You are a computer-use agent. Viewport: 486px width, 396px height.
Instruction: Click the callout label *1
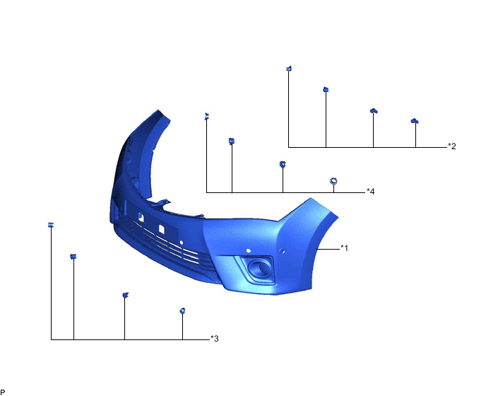(344, 248)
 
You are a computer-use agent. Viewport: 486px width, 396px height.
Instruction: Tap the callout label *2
(452, 146)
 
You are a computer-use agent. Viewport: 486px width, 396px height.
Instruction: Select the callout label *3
(215, 339)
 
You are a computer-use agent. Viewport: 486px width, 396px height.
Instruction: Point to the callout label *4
(370, 192)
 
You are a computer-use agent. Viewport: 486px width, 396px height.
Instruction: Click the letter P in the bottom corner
(3, 391)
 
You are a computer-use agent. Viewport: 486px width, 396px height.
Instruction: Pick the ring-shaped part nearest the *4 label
(334, 181)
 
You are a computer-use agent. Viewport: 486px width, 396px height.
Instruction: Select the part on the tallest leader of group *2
(288, 68)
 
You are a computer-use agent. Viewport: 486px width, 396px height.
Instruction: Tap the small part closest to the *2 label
(415, 121)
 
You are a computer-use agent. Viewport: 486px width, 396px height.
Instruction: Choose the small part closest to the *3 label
(182, 310)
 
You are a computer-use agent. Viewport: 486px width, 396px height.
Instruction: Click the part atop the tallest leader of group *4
(206, 116)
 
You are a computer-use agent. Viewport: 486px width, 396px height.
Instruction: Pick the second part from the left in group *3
(73, 255)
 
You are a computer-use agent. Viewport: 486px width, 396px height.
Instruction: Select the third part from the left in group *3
(125, 294)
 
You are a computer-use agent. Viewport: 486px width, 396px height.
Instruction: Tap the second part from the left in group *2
(326, 89)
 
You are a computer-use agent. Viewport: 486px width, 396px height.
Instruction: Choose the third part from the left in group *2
(374, 110)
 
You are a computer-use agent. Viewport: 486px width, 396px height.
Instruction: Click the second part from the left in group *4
(232, 141)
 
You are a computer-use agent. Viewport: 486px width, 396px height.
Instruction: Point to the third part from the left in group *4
(283, 164)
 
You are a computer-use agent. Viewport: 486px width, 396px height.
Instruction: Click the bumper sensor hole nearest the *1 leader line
(283, 251)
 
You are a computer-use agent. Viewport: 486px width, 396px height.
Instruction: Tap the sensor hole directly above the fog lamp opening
(249, 250)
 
